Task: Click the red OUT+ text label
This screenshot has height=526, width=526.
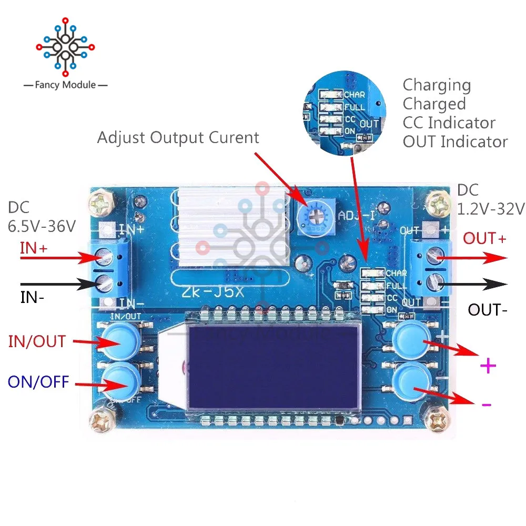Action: pos(484,239)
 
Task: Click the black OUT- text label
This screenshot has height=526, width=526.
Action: pos(488,309)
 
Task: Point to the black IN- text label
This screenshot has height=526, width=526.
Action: pos(32,298)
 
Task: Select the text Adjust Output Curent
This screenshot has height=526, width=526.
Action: pos(178,138)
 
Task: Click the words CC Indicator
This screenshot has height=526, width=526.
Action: pos(449,123)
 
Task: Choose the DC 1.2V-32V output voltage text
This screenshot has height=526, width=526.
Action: pos(490,200)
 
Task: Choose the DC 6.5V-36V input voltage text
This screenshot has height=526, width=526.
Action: pos(42,218)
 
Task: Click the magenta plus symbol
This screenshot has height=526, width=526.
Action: pos(488,366)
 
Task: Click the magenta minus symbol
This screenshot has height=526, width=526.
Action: pos(487,404)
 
